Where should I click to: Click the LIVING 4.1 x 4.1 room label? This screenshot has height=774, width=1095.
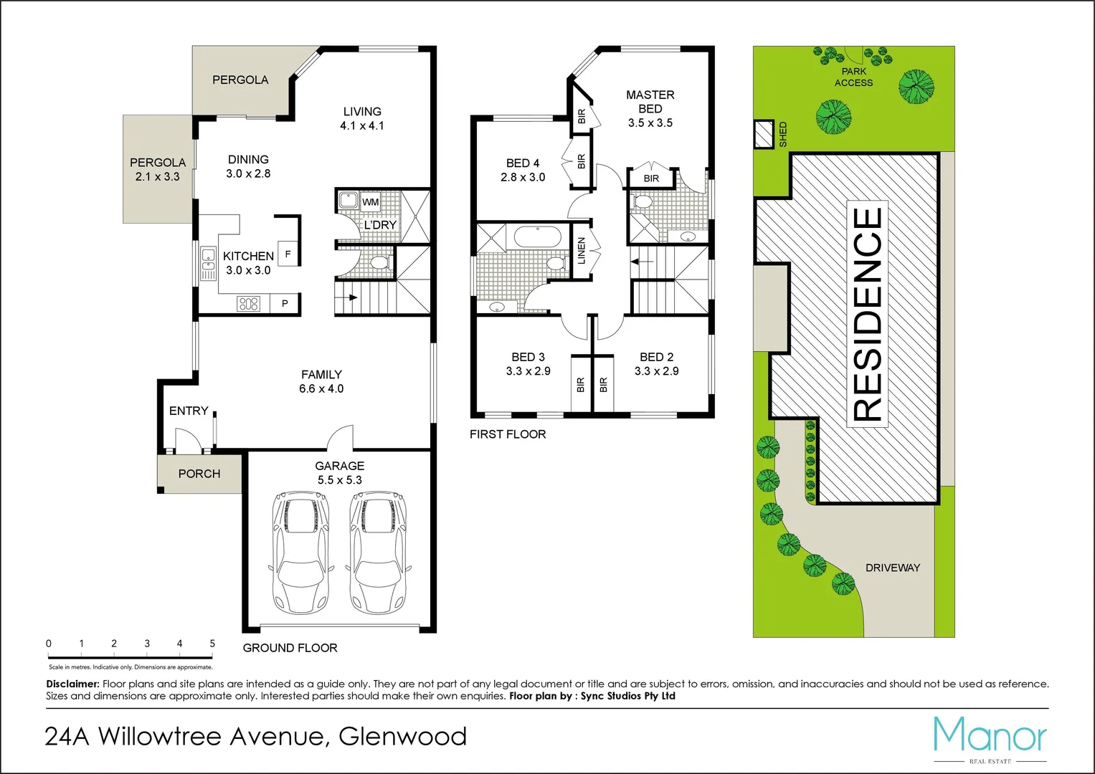tap(361, 118)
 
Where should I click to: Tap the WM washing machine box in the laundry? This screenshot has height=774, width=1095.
tap(370, 202)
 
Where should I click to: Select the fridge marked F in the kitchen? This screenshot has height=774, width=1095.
tap(288, 254)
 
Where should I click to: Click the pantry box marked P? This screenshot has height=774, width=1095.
tap(285, 304)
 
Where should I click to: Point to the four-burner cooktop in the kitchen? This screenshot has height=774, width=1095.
tap(248, 304)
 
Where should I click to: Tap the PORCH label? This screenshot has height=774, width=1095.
tap(199, 474)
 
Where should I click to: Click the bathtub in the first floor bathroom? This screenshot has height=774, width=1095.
tap(538, 237)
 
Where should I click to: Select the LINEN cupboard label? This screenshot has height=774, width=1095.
tap(582, 250)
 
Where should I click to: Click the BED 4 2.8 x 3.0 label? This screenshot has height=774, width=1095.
tap(523, 170)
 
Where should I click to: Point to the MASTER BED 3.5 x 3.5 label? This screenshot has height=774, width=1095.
tap(650, 108)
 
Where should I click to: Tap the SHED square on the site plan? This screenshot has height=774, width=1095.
tap(762, 133)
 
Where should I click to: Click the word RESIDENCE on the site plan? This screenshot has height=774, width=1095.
tap(867, 314)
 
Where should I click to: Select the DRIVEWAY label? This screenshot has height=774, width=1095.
tap(892, 568)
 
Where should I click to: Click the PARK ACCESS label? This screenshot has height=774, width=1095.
tap(853, 77)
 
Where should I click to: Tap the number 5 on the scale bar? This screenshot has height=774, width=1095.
tap(212, 644)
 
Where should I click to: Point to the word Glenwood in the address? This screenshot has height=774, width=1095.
tap(402, 736)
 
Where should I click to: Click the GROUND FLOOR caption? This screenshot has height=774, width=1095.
tap(290, 648)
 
